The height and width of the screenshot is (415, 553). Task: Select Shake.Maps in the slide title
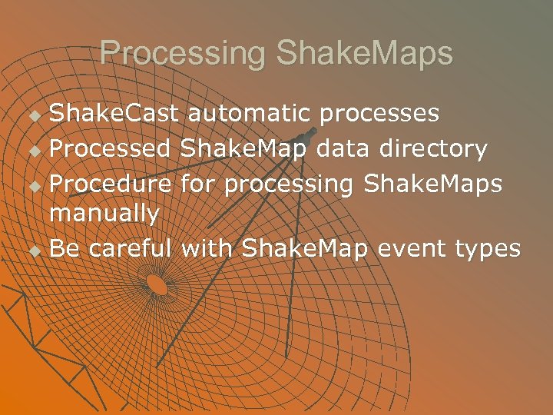pos(365,54)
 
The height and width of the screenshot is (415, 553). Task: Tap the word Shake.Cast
pos(114,114)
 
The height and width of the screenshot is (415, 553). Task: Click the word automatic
pos(249,114)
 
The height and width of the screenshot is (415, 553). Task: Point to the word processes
pos(380,115)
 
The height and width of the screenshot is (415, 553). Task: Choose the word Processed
pos(111,148)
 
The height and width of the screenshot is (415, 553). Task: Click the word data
pos(340,148)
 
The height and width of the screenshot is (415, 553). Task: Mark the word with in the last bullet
pos(207,248)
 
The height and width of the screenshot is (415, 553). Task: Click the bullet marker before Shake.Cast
pos(32,116)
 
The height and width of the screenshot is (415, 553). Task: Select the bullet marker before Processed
pos(32,150)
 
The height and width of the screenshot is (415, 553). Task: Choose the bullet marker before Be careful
pos(32,251)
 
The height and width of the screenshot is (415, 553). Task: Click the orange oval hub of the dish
pos(157,284)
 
